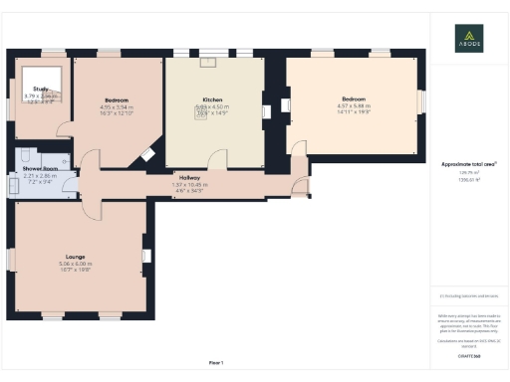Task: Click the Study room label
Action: pos(40,89)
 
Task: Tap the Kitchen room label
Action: pos(212,99)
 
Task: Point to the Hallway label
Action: pos(189,176)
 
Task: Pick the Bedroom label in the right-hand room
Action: pos(356,98)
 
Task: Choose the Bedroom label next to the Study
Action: pos(119,99)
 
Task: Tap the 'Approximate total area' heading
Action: pos(468,162)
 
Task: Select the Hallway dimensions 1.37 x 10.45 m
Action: pos(189,184)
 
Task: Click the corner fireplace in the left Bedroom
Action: pos(146,154)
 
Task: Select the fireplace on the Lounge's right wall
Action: pos(145,257)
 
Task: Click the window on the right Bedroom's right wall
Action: pos(419,101)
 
